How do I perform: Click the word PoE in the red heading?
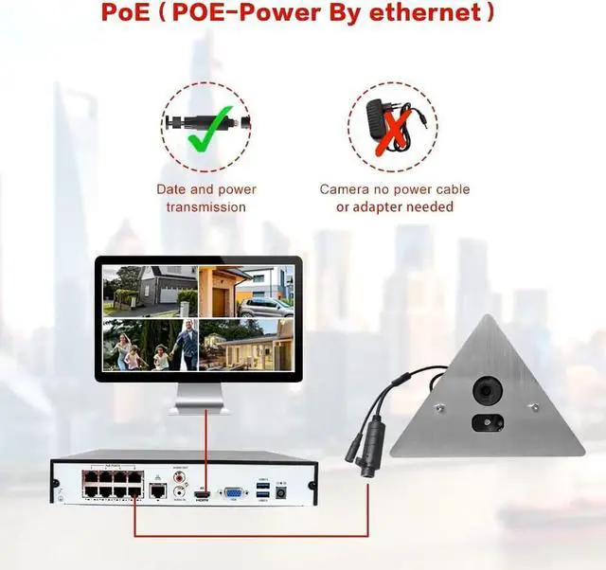(x=129, y=14)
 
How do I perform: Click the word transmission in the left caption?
(x=205, y=207)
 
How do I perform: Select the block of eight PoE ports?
(x=112, y=484)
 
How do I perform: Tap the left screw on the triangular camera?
(x=438, y=408)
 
